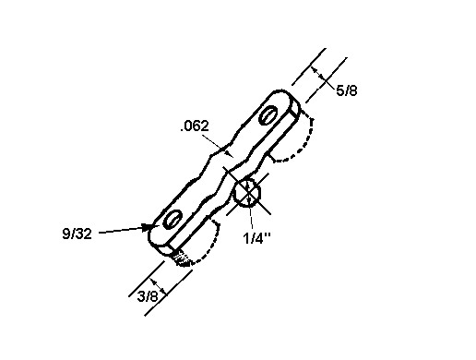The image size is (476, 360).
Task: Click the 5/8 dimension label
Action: [x=347, y=90]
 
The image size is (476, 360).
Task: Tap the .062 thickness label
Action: [x=195, y=126]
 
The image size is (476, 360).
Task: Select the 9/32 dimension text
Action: [x=77, y=234]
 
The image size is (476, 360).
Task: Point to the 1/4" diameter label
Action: [x=257, y=238]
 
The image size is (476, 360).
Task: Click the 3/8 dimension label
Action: [x=148, y=296]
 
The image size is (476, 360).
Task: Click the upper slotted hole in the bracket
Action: [x=268, y=115]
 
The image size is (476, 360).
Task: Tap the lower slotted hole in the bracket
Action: [x=173, y=219]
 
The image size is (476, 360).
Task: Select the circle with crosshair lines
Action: [x=247, y=193]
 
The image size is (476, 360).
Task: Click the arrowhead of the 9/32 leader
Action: [x=148, y=227]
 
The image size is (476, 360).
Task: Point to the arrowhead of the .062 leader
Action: [x=228, y=153]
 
